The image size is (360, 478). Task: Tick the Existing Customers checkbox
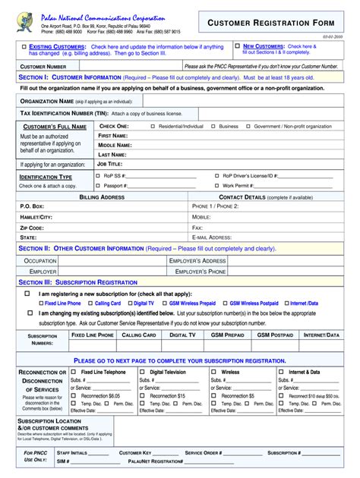(24, 47)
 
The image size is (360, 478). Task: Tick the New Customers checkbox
(237, 46)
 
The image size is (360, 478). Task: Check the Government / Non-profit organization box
(247, 126)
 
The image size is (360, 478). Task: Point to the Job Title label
(109, 163)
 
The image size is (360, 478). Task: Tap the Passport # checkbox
(97, 185)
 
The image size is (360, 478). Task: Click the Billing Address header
(102, 197)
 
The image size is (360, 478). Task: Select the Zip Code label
(32, 227)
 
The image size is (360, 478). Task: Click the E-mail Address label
(211, 237)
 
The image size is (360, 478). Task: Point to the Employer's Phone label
(201, 271)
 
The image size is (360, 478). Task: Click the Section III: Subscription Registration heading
(77, 282)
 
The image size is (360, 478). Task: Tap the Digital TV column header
(182, 335)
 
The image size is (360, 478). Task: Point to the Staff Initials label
(69, 452)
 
